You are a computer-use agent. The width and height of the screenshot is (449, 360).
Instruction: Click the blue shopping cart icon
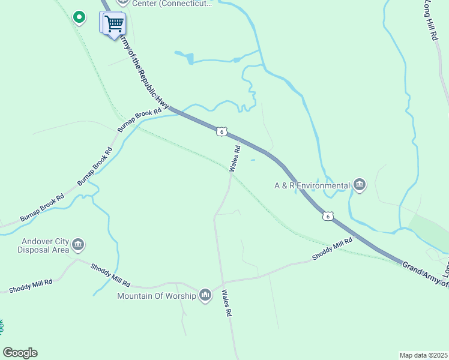click(x=113, y=24)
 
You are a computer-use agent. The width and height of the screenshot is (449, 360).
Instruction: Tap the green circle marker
click(x=79, y=17)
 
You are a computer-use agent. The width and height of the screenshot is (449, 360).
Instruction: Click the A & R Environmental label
click(x=312, y=186)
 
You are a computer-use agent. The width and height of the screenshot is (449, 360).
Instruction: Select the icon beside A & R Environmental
click(x=360, y=185)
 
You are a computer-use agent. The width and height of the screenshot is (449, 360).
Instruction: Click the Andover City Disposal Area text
click(x=43, y=245)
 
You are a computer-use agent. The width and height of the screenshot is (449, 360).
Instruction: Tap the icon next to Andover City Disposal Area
click(x=78, y=245)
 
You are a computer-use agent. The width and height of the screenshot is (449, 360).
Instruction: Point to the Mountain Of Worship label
click(x=157, y=296)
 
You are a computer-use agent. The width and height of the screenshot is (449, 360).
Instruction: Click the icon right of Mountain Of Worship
click(x=205, y=295)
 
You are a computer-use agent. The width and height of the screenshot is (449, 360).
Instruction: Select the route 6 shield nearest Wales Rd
click(x=221, y=131)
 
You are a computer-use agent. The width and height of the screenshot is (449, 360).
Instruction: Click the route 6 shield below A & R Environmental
click(x=327, y=216)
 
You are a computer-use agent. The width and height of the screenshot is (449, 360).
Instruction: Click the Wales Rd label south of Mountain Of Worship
click(x=227, y=303)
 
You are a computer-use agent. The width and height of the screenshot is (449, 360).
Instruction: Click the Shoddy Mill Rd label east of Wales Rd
click(x=332, y=248)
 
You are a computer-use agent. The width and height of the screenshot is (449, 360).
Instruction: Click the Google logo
click(x=20, y=353)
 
